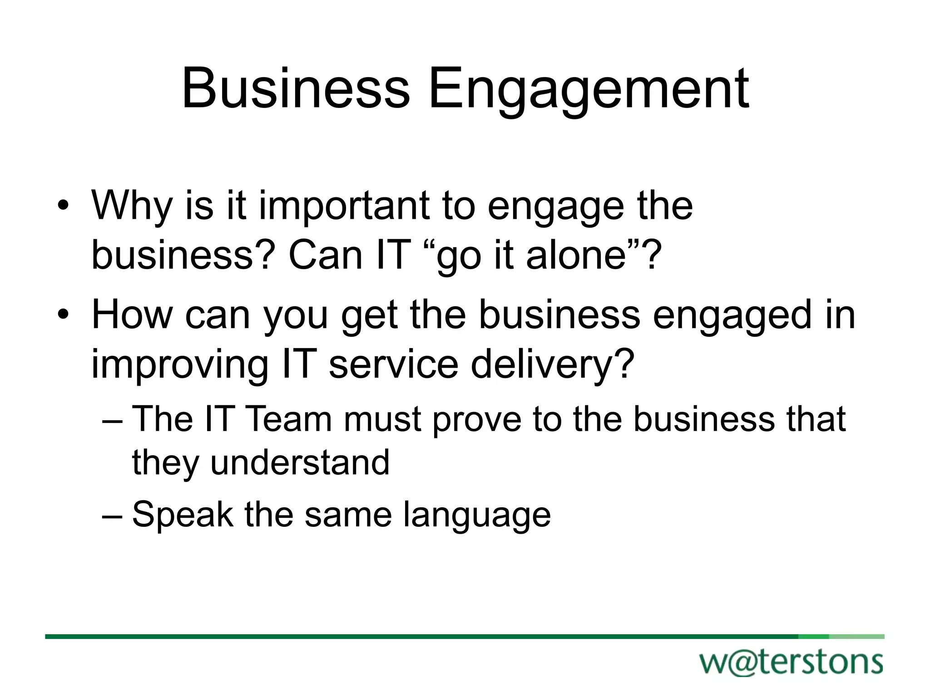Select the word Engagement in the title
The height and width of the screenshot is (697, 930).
(x=589, y=89)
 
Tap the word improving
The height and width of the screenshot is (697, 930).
(x=180, y=365)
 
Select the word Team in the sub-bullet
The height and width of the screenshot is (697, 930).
(x=289, y=418)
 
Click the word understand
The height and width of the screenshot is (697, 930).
(x=300, y=462)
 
